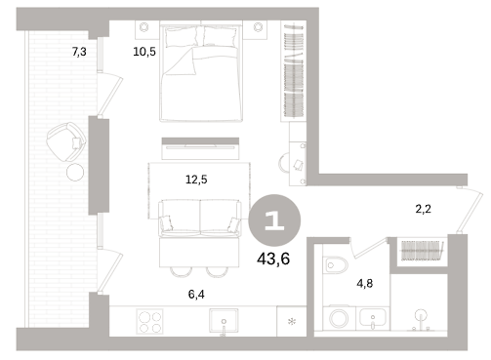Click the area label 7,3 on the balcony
(79, 52)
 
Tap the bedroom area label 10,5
(144, 52)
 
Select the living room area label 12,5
(196, 180)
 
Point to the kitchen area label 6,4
(196, 295)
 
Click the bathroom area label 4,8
(365, 284)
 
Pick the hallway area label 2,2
(424, 209)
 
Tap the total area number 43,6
(273, 260)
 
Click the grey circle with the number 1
(274, 220)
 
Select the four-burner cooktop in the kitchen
(149, 321)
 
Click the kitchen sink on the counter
(224, 322)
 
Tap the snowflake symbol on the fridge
(292, 322)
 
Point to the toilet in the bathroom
(336, 265)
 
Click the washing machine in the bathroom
(339, 318)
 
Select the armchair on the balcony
(66, 141)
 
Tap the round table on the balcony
(75, 172)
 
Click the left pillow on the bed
(182, 37)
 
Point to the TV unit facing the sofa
(200, 148)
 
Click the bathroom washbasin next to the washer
(373, 318)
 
